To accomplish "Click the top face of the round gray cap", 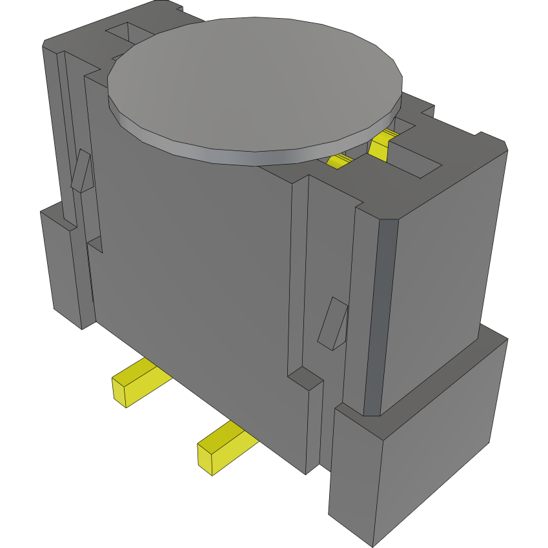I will point(255,84).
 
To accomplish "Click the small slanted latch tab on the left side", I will point(82,171).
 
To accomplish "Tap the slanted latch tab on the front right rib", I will point(334,323).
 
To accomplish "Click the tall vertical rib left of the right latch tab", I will point(299,278).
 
